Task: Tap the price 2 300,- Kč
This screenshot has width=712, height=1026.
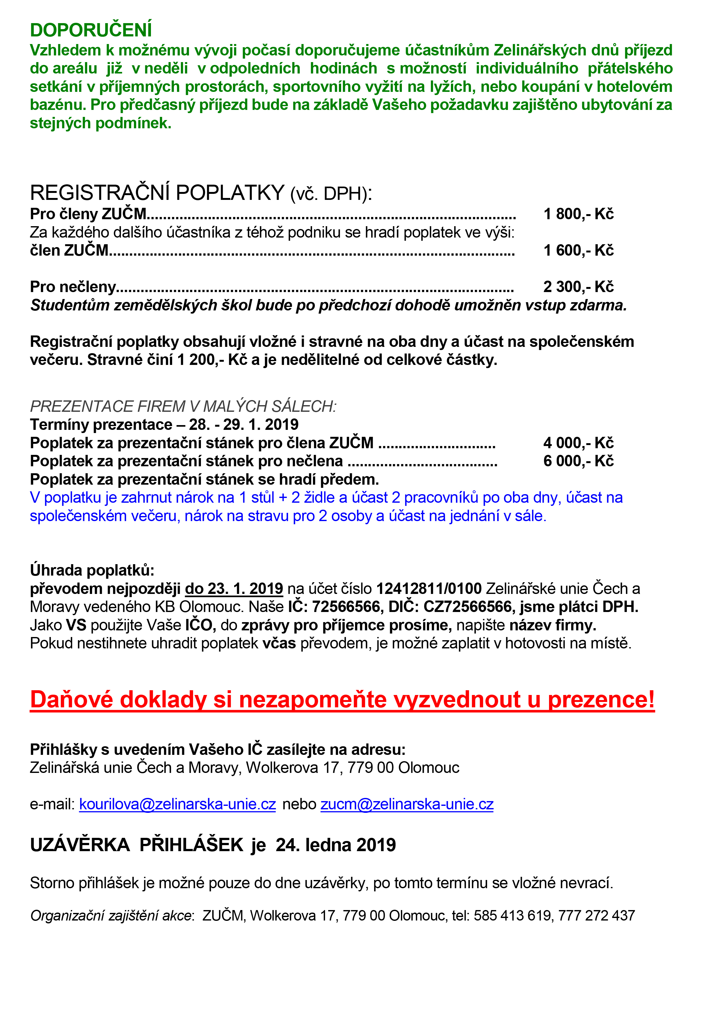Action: (x=578, y=287)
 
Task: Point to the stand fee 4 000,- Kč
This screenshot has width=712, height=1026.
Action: (x=578, y=443)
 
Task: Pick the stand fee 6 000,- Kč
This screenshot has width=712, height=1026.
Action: (x=578, y=461)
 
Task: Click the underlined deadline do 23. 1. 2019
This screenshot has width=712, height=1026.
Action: (x=234, y=589)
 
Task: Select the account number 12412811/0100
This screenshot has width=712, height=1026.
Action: (x=429, y=589)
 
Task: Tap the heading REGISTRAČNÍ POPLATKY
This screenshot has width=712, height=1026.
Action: (x=157, y=193)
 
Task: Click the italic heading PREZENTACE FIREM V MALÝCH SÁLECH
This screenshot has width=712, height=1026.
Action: (x=183, y=406)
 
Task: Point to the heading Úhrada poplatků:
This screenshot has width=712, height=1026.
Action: (x=92, y=570)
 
